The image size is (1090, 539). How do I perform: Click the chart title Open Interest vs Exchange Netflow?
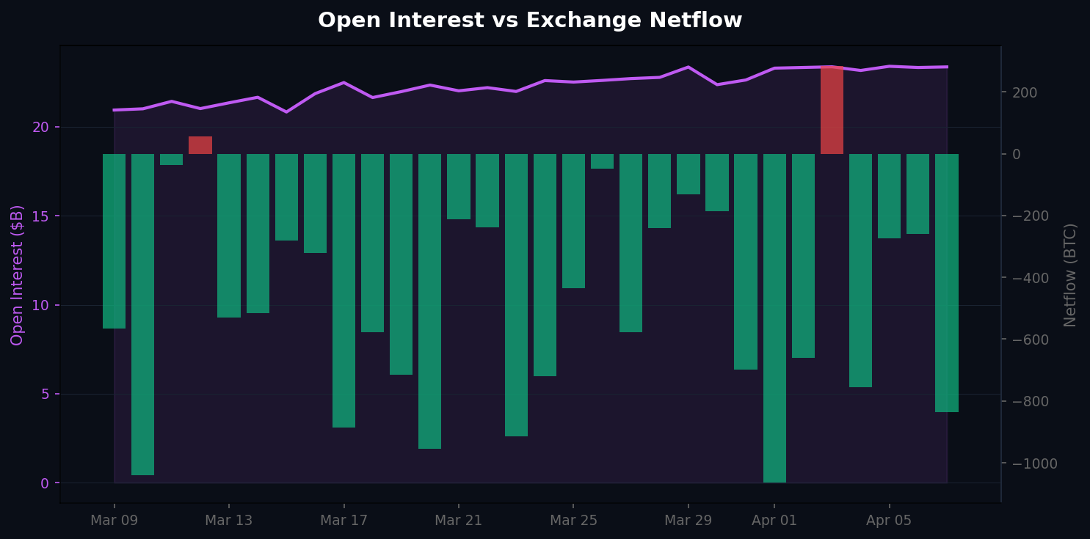530,21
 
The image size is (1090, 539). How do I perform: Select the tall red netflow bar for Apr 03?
832,110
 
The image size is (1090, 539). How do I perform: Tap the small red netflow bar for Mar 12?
200,145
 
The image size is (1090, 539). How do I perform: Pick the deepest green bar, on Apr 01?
774,318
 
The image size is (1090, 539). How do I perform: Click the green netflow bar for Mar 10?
143,314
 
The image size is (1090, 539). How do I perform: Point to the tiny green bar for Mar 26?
602,161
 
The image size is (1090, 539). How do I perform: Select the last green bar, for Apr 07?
946,282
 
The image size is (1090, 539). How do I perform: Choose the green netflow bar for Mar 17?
344,290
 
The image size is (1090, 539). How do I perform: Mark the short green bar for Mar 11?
172,159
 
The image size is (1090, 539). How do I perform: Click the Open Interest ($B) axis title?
18,275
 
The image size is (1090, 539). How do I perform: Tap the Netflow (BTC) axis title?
1070,275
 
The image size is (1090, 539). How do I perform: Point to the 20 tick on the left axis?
40,127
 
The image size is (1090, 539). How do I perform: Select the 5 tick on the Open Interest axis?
45,394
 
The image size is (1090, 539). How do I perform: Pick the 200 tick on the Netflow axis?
1025,92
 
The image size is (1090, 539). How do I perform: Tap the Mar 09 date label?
114,521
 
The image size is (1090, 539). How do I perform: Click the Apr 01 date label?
774,521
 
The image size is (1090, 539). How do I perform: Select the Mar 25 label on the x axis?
573,521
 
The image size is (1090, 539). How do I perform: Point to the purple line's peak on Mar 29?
688,67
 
